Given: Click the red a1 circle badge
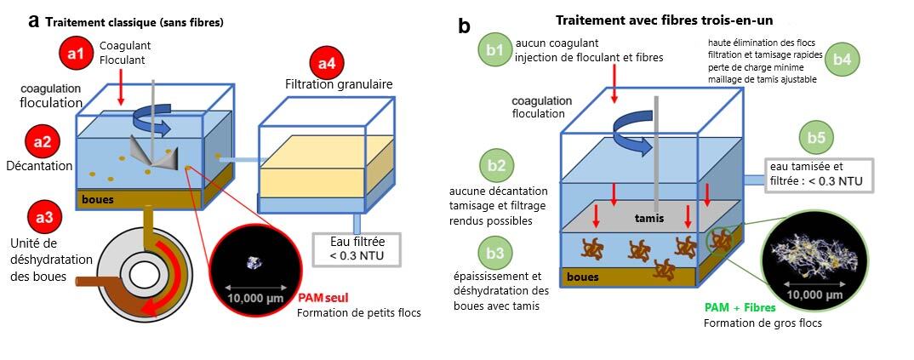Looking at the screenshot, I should point(76,54).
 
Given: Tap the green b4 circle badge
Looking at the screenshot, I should point(847,59).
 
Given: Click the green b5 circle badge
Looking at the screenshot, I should point(816,138).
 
